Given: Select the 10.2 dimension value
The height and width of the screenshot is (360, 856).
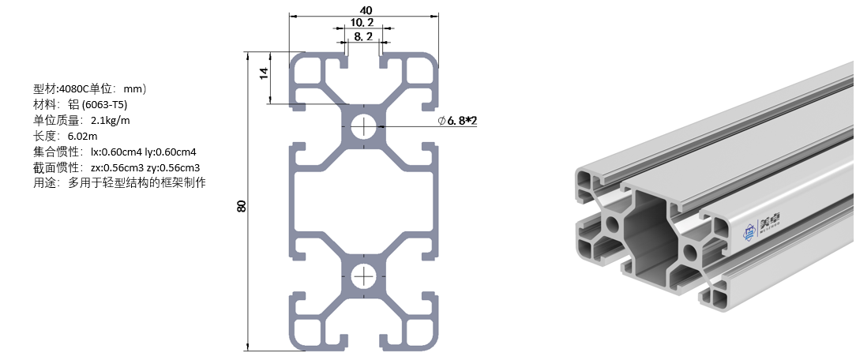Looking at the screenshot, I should coord(362,23).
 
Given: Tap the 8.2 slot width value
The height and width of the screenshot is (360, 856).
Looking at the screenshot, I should coord(363,37).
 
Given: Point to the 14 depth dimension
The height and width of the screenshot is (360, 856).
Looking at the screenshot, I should coord(265,77).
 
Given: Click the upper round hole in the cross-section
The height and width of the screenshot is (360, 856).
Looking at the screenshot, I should coord(364,126).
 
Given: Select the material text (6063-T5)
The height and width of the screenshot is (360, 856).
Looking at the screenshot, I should coord(104,104).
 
